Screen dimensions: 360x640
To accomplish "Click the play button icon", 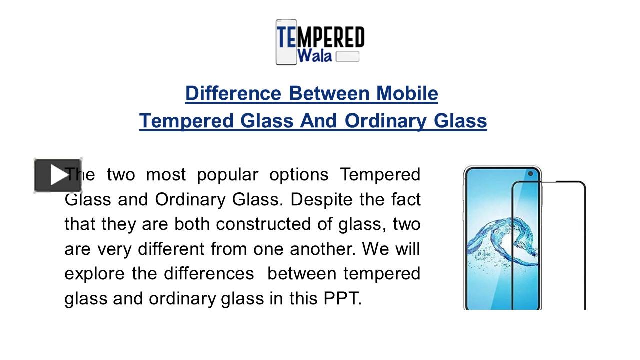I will pos(51,175).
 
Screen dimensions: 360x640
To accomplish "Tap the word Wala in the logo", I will pos(314,55).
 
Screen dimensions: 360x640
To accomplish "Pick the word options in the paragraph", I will pos(299,175).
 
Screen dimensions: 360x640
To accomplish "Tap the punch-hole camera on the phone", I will pos(531,174).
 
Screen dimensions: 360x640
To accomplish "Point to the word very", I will pos(115,249).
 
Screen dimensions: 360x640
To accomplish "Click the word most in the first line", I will pos(166,175).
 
